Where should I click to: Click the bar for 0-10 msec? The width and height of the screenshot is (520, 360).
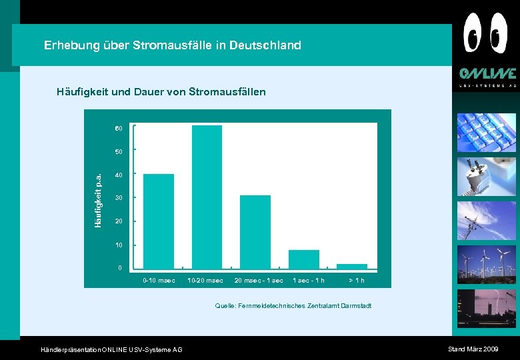pos(159,221)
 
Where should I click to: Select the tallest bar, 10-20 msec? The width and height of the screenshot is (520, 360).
pos(207,197)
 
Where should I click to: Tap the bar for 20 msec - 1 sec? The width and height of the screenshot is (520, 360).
pos(255,231)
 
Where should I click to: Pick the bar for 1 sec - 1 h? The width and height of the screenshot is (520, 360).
pos(303,259)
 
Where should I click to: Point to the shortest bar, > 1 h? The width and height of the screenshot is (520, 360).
pos(352,266)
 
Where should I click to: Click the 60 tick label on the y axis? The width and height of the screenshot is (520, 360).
pos(118,128)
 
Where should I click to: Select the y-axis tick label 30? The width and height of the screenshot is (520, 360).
pos(118,198)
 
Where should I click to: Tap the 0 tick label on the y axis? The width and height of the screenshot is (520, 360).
pos(119,268)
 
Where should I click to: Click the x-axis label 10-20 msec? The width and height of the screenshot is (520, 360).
pos(205,281)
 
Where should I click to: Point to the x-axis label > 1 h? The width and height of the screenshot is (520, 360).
pos(356,281)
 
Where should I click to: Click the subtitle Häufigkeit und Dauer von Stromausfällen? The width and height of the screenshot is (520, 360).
pos(161,91)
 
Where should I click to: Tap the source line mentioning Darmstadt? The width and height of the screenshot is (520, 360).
pos(293,306)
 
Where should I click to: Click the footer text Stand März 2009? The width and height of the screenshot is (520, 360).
pos(473,349)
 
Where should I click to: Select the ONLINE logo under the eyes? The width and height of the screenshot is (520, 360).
pos(487,74)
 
